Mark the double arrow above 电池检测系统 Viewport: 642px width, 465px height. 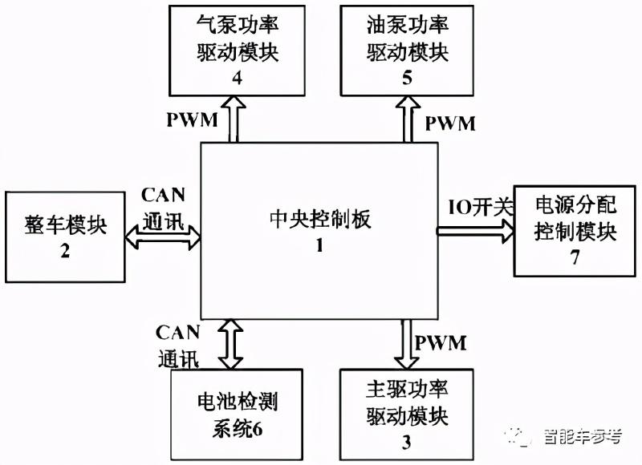[x=234, y=343]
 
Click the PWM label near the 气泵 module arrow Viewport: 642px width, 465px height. [x=192, y=120]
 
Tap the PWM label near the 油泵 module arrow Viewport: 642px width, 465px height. [x=449, y=123]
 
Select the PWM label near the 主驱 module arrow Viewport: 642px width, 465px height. [x=441, y=343]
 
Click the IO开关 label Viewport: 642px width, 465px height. [x=479, y=206]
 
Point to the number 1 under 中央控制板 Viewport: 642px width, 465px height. [x=319, y=246]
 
